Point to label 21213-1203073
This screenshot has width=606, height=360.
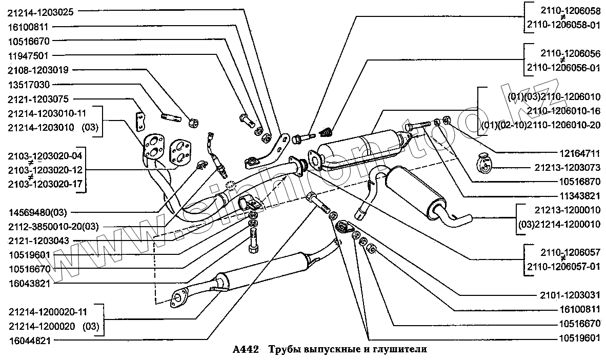click(x=567, y=167)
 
